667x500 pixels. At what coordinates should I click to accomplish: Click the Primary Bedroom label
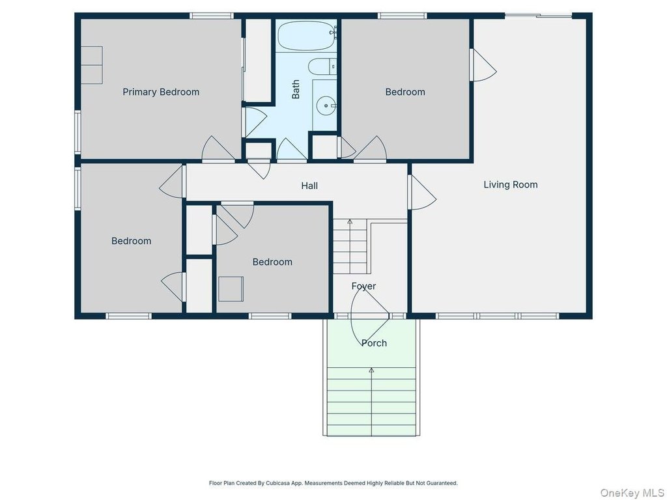pyautogui.click(x=161, y=92)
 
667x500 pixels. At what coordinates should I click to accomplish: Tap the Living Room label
pyautogui.click(x=511, y=184)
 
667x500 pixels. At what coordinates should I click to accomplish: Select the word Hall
pyautogui.click(x=309, y=186)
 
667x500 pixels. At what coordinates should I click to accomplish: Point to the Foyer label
pyautogui.click(x=363, y=286)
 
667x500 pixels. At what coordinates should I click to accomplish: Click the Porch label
pyautogui.click(x=374, y=343)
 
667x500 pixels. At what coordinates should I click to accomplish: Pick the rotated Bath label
pyautogui.click(x=296, y=89)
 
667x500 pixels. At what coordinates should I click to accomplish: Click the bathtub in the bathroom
pyautogui.click(x=306, y=36)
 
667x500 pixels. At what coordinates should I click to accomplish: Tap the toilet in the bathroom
pyautogui.click(x=322, y=67)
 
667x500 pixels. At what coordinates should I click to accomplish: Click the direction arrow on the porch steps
pyautogui.click(x=371, y=402)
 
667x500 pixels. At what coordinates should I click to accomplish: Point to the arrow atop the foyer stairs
pyautogui.click(x=350, y=221)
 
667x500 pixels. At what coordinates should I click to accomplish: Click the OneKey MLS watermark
pyautogui.click(x=632, y=493)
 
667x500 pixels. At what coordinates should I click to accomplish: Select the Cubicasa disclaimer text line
pyautogui.click(x=333, y=483)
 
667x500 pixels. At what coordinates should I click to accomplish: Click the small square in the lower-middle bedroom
pyautogui.click(x=231, y=289)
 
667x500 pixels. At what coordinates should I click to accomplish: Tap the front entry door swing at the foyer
pyautogui.click(x=369, y=315)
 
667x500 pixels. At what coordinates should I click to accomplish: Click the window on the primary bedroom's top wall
pyautogui.click(x=212, y=16)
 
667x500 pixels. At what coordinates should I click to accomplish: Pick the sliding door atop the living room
pyautogui.click(x=539, y=16)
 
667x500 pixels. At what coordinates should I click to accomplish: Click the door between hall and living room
pyautogui.click(x=421, y=193)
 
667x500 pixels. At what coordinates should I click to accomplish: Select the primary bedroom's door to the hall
pyautogui.click(x=218, y=149)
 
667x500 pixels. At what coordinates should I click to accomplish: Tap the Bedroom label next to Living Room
pyautogui.click(x=405, y=92)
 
